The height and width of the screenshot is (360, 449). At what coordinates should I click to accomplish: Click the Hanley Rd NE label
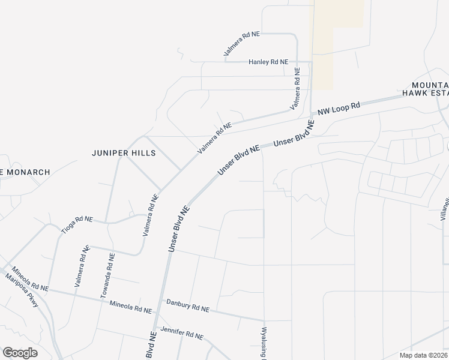[268, 62]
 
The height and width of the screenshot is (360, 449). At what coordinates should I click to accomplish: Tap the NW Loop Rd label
[339, 109]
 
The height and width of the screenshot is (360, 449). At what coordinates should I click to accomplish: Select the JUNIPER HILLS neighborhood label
[124, 153]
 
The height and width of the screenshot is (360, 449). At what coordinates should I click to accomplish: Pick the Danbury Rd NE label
[188, 307]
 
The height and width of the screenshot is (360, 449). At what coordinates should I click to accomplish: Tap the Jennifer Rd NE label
[182, 332]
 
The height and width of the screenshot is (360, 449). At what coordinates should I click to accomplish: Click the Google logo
[20, 353]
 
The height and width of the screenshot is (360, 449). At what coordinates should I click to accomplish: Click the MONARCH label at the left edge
[25, 172]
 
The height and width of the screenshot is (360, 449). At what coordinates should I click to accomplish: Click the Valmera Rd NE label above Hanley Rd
[242, 44]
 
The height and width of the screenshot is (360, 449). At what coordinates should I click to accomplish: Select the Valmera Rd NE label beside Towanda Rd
[82, 268]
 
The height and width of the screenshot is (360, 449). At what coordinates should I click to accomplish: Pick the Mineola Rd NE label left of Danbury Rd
[131, 308]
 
